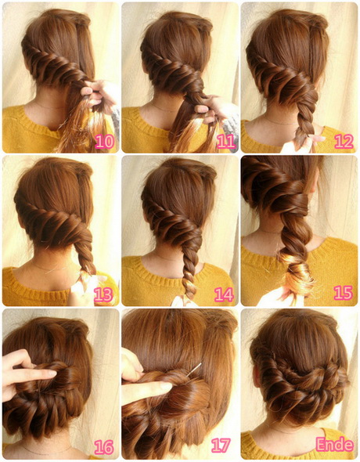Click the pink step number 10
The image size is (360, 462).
[x=105, y=142]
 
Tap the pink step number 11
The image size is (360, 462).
[x=226, y=142]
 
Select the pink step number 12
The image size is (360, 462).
[x=344, y=142]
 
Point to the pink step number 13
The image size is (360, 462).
[x=103, y=294]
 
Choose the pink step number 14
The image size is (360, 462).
[x=224, y=294]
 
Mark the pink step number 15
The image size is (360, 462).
[x=344, y=293]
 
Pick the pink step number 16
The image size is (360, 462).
[x=104, y=447]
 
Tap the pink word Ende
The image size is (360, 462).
[x=334, y=445]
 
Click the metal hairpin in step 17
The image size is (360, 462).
[x=195, y=370]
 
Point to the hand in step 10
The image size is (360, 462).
[x=97, y=94]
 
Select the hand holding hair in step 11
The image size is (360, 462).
[x=214, y=110]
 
